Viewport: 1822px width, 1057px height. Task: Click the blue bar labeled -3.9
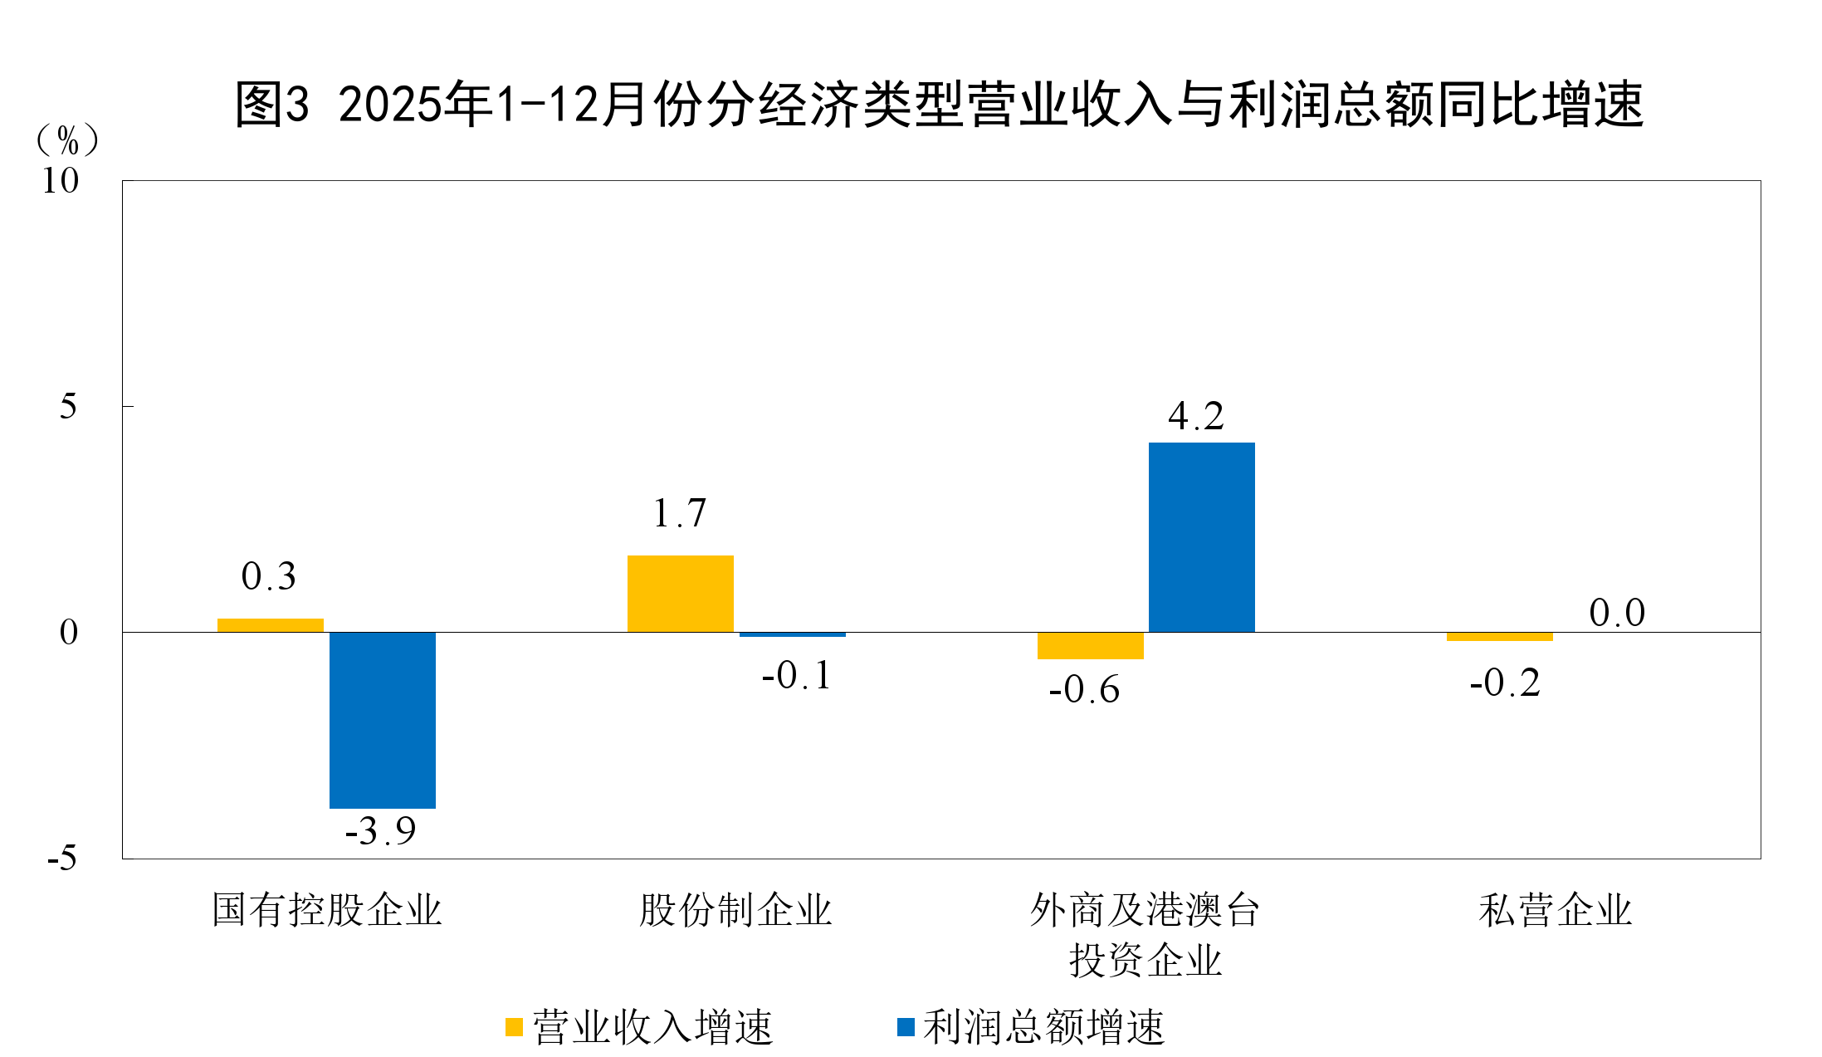pos(383,720)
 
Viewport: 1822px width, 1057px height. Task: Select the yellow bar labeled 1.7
pos(681,594)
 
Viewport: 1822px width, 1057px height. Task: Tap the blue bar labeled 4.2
pos(1201,537)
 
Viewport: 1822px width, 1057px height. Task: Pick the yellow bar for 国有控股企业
pos(271,625)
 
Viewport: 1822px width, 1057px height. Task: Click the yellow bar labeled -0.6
pos(1090,646)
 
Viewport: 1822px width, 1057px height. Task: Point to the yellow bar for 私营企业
pos(1499,637)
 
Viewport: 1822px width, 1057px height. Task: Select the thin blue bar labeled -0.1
pos(793,634)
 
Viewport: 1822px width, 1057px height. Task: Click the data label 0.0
pos(1616,614)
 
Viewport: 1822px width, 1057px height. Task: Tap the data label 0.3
pos(268,576)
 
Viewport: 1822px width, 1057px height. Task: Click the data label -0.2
pos(1504,683)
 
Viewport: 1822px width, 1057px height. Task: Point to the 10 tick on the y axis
pos(60,181)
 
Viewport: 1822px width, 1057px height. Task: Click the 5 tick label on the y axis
pos(68,407)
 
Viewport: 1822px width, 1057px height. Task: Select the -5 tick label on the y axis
pos(61,858)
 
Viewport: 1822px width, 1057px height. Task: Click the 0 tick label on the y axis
pos(68,633)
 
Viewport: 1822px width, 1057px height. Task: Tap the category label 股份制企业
pos(735,910)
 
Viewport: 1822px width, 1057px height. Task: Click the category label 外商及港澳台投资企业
pos(1145,934)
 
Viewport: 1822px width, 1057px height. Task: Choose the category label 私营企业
pos(1555,910)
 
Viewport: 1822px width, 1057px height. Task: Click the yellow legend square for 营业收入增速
pos(514,1027)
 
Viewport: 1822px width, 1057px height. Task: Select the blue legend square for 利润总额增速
pos(906,1027)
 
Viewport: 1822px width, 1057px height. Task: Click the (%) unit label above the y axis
pos(67,139)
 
